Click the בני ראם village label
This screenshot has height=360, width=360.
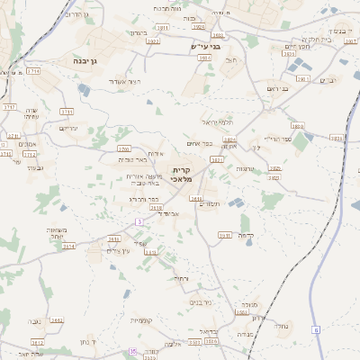click(277, 88)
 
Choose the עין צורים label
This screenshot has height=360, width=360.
click(120, 250)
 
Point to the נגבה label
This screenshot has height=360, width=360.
click(34, 321)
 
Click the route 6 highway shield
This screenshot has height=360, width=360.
click(316, 330)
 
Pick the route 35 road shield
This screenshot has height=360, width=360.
click(133, 351)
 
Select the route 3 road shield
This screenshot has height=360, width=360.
click(139, 220)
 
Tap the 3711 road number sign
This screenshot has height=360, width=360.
click(33, 70)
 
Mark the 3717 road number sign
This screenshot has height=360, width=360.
click(10, 107)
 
